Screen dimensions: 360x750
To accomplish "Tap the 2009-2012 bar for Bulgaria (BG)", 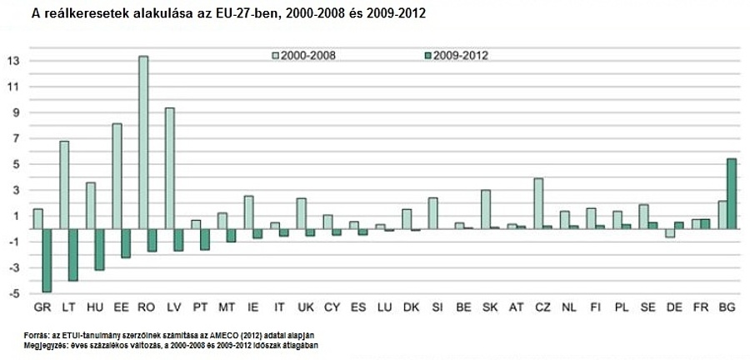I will click(732, 193).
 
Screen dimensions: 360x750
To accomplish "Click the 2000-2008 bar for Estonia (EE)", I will click(117, 176).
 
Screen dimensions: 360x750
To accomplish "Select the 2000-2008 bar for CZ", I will click(538, 202).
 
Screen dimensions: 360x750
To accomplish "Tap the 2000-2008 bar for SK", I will click(486, 208).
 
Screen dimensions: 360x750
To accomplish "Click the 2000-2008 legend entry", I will click(308, 56).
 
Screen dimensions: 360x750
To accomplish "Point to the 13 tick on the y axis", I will click(12, 60).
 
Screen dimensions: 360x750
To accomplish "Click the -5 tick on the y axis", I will click(12, 293).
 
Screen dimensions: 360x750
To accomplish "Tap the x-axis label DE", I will click(674, 307).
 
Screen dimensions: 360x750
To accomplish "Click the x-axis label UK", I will click(306, 307).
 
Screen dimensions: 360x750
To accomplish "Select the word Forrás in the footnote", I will click(37, 335).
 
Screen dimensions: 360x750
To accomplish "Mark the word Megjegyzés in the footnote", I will click(45, 343).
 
